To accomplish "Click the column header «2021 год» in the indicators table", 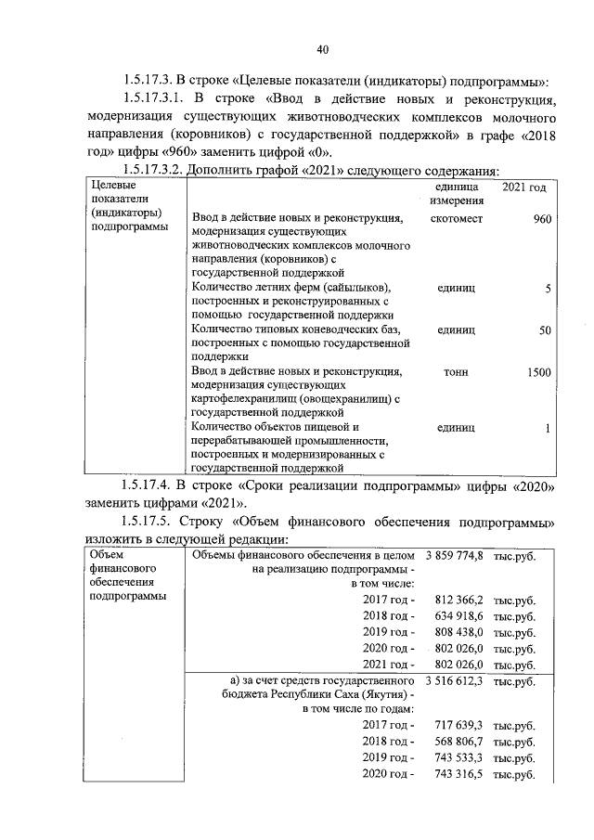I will click(523, 188).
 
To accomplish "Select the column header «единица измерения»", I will click(456, 195).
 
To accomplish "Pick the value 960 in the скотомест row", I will click(542, 219).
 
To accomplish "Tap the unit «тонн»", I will click(456, 372).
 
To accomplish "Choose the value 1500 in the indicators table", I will click(537, 372).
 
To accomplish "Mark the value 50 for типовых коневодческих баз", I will click(545, 330).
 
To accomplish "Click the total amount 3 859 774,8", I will click(455, 556).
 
